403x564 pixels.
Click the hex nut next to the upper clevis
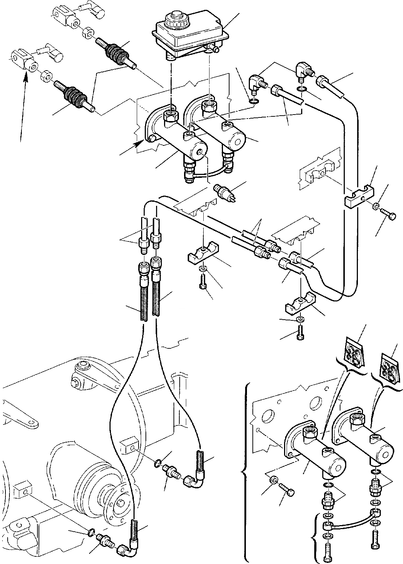pos(87,34)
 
